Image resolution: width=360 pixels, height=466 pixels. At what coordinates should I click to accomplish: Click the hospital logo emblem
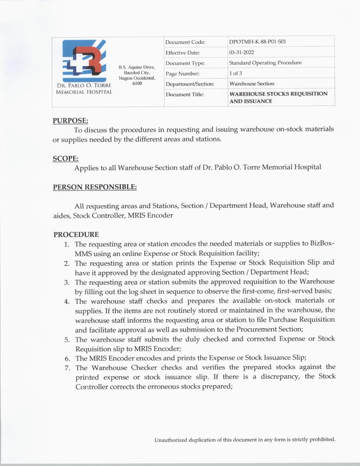coord(84,60)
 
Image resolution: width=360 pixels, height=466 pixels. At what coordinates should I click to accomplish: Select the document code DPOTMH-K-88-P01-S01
coord(258,42)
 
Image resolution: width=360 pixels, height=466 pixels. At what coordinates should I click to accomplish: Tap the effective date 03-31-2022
coord(241,52)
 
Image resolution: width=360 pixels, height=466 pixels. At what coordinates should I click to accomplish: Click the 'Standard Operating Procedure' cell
coord(265,63)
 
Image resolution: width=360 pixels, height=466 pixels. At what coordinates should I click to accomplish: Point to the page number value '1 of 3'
coord(235,73)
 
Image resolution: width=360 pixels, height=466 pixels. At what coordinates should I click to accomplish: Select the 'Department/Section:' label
coord(190,84)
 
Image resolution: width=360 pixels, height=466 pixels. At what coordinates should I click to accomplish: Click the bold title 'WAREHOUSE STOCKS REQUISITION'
coord(278,94)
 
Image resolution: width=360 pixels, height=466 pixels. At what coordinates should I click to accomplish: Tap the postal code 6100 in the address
coord(137,84)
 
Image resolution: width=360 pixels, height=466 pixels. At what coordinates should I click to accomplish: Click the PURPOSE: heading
coord(70,121)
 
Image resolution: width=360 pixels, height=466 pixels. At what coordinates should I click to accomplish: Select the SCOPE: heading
coord(66,158)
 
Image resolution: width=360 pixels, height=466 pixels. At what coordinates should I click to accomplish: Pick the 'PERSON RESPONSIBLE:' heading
coord(95,187)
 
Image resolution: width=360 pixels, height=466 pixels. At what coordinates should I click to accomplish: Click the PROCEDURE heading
coord(76,234)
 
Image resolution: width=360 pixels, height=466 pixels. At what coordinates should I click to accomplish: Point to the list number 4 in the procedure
coord(67,301)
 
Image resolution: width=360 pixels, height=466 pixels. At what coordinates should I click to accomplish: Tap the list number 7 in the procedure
coord(67,368)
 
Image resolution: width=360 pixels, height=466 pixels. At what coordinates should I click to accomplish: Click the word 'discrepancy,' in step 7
coord(280,377)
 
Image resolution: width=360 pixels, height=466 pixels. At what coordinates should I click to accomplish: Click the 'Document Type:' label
coord(185,63)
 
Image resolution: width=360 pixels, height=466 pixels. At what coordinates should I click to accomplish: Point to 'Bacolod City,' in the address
coord(137,73)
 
